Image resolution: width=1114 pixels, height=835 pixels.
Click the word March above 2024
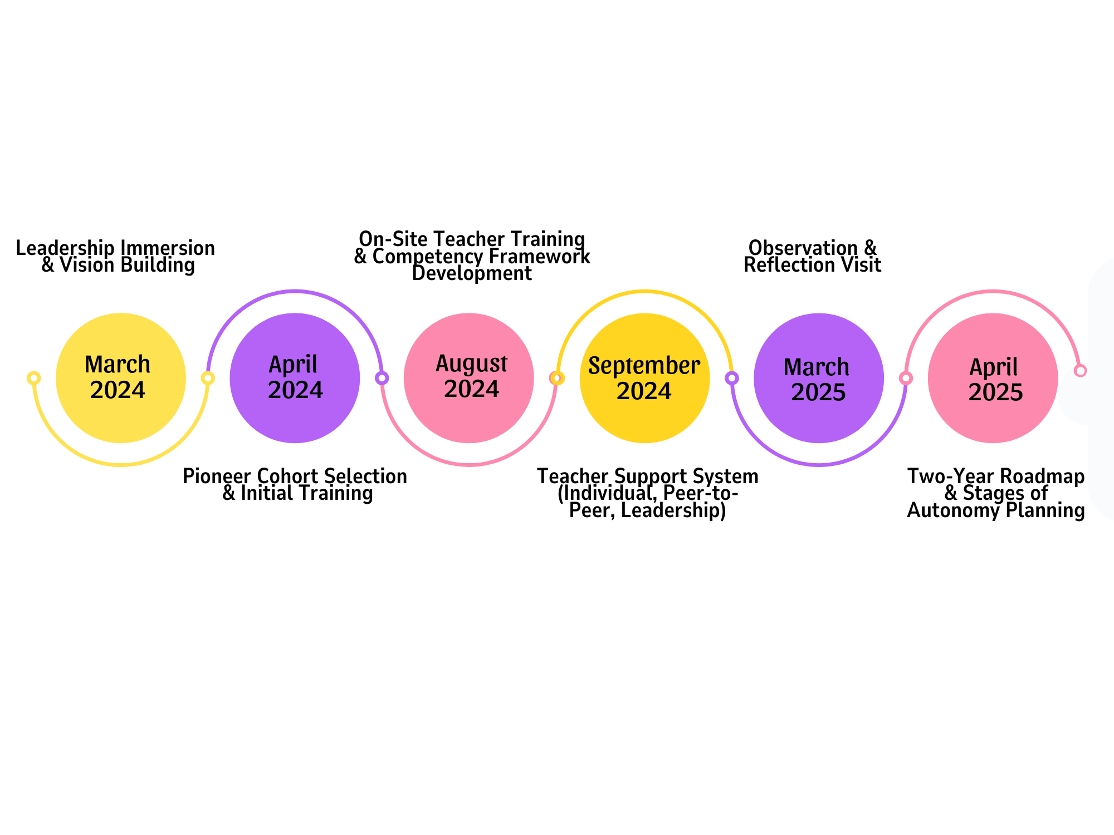(118, 365)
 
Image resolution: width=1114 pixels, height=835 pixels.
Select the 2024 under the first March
(118, 390)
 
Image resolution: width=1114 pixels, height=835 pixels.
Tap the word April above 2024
(293, 365)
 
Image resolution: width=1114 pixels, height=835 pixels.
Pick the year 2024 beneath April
(295, 390)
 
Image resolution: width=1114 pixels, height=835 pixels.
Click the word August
(471, 364)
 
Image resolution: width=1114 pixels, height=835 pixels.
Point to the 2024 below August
(471, 389)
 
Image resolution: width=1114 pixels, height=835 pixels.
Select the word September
(644, 366)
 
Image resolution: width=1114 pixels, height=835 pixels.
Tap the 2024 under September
(644, 391)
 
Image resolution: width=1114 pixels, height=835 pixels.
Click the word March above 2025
(817, 367)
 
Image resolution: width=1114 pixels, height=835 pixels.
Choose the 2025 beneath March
(818, 392)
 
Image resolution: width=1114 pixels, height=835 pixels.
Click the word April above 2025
(993, 367)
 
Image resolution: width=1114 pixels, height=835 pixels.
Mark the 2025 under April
(995, 392)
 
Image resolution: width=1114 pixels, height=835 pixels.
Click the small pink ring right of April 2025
(1080, 371)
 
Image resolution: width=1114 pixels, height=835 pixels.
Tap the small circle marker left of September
(556, 379)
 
